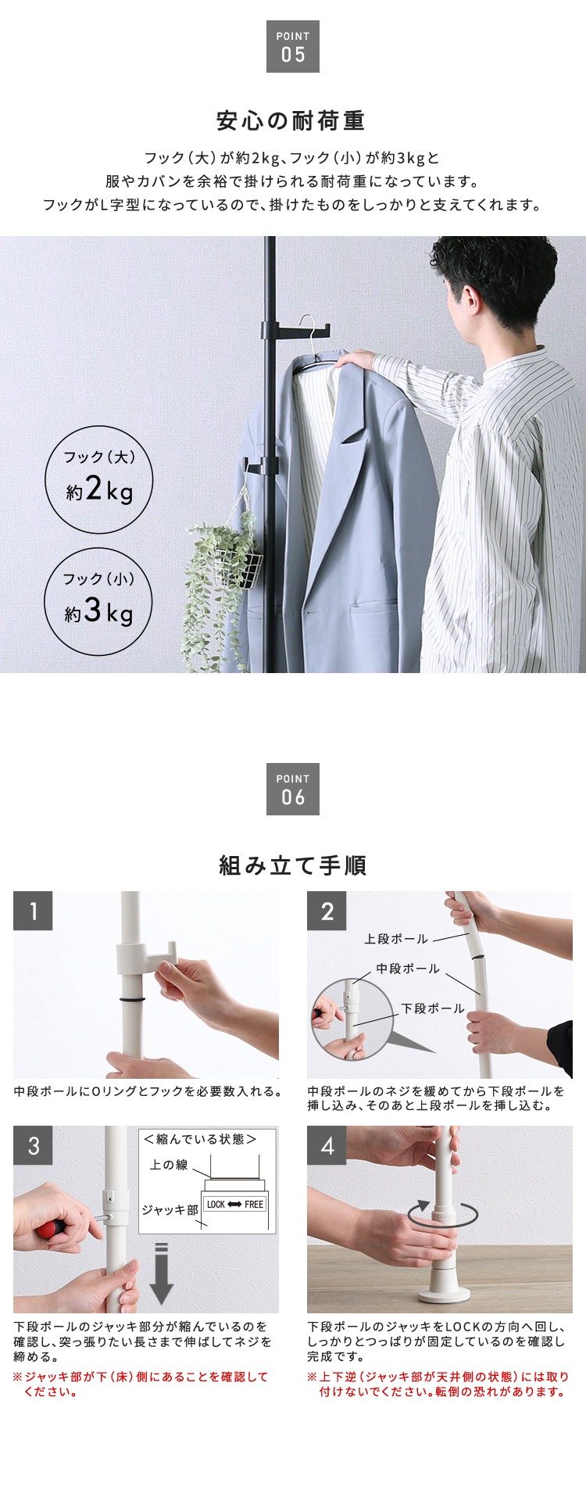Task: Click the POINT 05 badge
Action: tap(293, 47)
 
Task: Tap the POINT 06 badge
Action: tap(293, 789)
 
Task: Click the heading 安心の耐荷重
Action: tap(291, 121)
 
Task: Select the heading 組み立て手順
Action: tap(293, 865)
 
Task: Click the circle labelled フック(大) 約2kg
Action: tap(98, 480)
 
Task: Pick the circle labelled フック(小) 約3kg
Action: tap(98, 601)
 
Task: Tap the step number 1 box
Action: tap(33, 911)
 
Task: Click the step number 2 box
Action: tap(327, 911)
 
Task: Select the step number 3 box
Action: tap(33, 1145)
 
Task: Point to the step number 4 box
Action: tap(327, 1145)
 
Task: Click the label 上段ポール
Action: tap(396, 939)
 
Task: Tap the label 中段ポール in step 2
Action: tap(408, 969)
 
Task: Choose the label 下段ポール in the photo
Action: tap(433, 1008)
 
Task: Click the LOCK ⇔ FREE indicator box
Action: tap(235, 1205)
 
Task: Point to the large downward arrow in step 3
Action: tap(161, 1273)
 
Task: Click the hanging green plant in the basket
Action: tap(220, 578)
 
